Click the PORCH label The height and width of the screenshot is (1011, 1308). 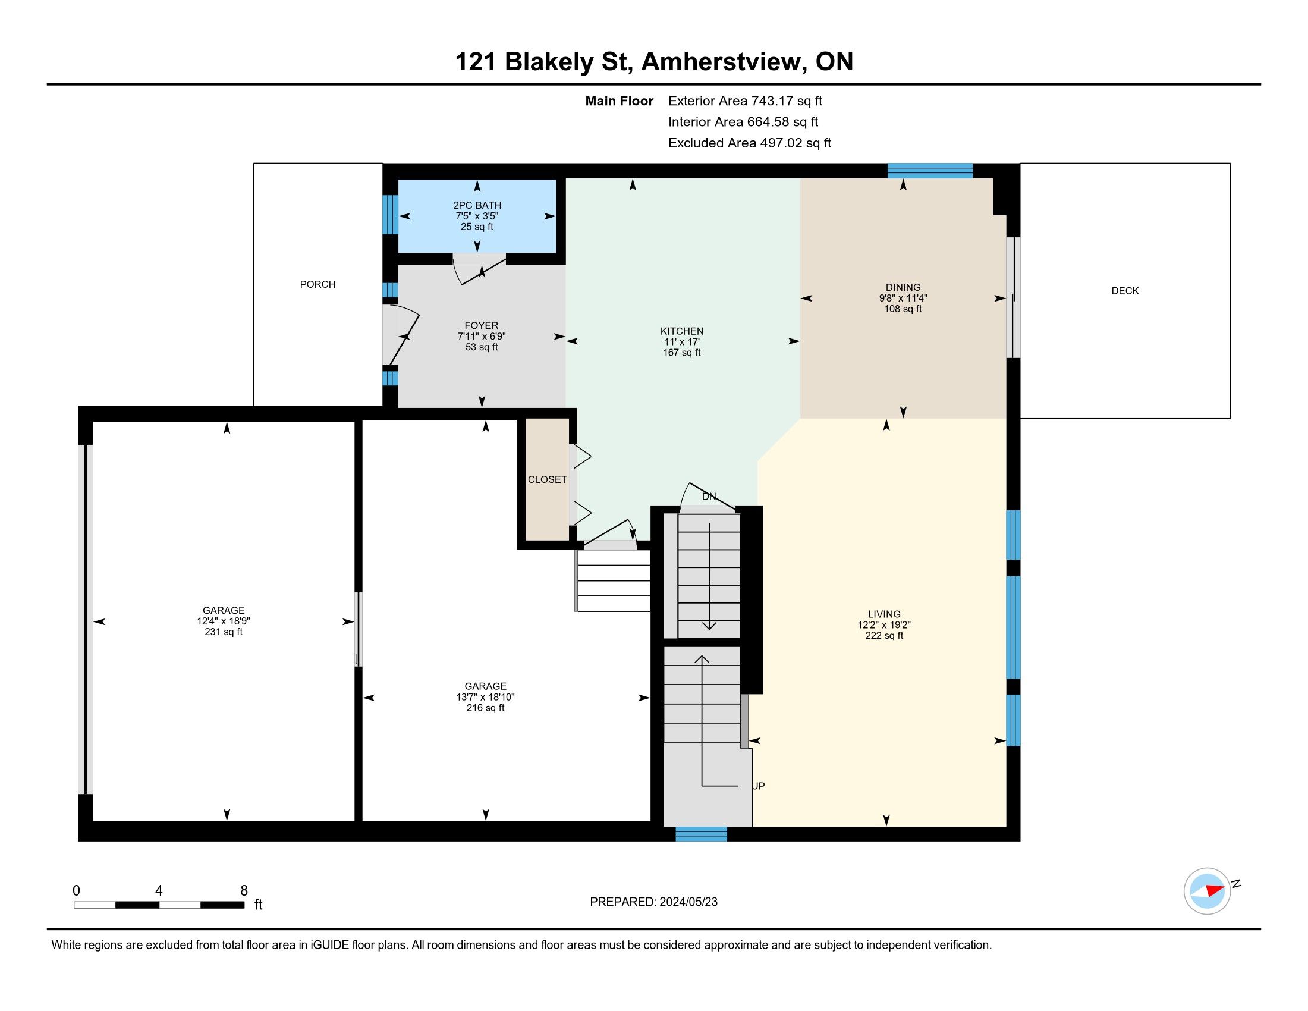[x=317, y=284]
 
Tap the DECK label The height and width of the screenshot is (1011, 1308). [x=1125, y=291]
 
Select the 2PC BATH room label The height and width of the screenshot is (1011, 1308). [x=477, y=205]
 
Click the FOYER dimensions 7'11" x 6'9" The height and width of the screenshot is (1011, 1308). [x=482, y=337]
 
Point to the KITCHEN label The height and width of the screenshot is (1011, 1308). [x=681, y=331]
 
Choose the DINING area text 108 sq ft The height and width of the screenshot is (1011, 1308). [x=903, y=309]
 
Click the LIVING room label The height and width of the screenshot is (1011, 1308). [x=884, y=614]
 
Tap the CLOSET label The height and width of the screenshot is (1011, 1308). [x=548, y=480]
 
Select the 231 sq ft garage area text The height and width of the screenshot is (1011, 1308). [x=224, y=632]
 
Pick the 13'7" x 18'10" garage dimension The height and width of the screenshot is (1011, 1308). [x=485, y=697]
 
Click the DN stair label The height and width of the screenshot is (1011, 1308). [x=709, y=497]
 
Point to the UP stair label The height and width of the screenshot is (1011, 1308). [x=758, y=786]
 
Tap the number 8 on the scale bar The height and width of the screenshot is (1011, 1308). [x=244, y=891]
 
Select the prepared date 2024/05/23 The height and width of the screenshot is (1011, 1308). [x=688, y=902]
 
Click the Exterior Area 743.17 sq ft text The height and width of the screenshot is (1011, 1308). [x=745, y=101]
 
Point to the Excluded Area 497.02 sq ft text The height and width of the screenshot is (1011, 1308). [x=750, y=143]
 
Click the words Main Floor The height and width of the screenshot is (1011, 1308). [x=620, y=101]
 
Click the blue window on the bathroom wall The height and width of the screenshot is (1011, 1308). [x=390, y=215]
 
